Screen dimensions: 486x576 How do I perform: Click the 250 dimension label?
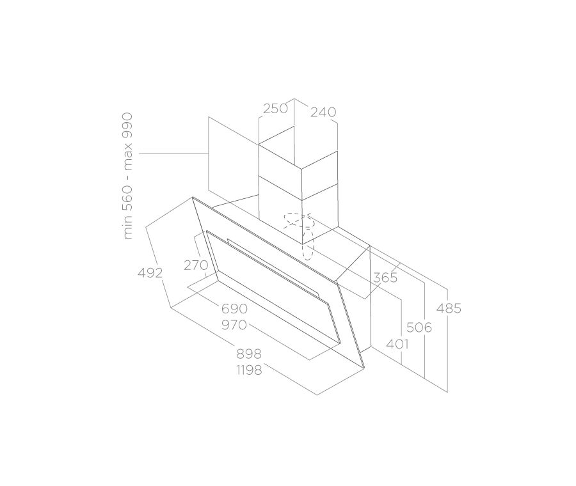coord(275,109)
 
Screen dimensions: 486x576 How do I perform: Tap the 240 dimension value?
coord(323,113)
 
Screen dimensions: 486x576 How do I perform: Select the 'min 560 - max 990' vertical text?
coord(128,176)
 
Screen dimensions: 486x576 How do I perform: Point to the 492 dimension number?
coord(150,273)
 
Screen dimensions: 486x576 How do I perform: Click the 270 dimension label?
coord(196,265)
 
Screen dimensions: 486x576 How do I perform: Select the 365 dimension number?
coord(385,278)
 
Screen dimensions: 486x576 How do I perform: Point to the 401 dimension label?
coord(397,344)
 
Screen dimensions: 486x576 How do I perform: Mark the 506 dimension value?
coord(419,328)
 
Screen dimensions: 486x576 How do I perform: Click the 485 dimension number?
coord(448,309)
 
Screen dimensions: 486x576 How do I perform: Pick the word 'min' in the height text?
coord(128,229)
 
